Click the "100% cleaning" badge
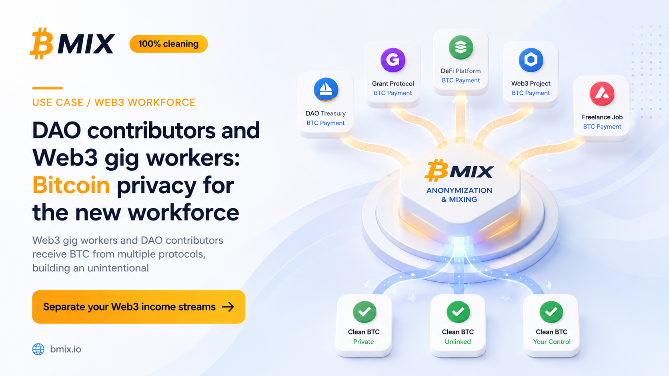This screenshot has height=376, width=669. pos(168,44)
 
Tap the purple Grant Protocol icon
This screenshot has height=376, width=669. pos(393,60)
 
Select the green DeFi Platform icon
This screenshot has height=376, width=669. pos(461,48)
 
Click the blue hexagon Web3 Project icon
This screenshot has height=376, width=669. pos(531,60)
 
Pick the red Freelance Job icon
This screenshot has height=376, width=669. pos(602,94)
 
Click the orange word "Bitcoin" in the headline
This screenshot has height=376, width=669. pos(71,185)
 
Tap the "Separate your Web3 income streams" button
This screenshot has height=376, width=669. pos(138,307)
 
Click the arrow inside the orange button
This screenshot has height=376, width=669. pos(228,307)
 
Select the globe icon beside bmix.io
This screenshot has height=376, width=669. pos(38,349)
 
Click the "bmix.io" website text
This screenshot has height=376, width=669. pos(66,349)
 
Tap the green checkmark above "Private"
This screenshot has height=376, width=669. pos(365,312)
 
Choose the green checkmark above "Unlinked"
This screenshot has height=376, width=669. pos(458,312)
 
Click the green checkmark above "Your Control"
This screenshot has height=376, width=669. pos(551,312)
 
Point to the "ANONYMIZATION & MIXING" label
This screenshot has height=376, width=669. pos(459,195)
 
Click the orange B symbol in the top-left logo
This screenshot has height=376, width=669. pos(42,44)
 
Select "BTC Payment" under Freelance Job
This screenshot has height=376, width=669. pos(602,126)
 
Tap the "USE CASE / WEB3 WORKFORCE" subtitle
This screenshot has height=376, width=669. pos(114,102)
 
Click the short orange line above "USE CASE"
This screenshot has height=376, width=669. pos(48,88)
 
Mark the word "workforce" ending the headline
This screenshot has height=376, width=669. pos(183,212)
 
